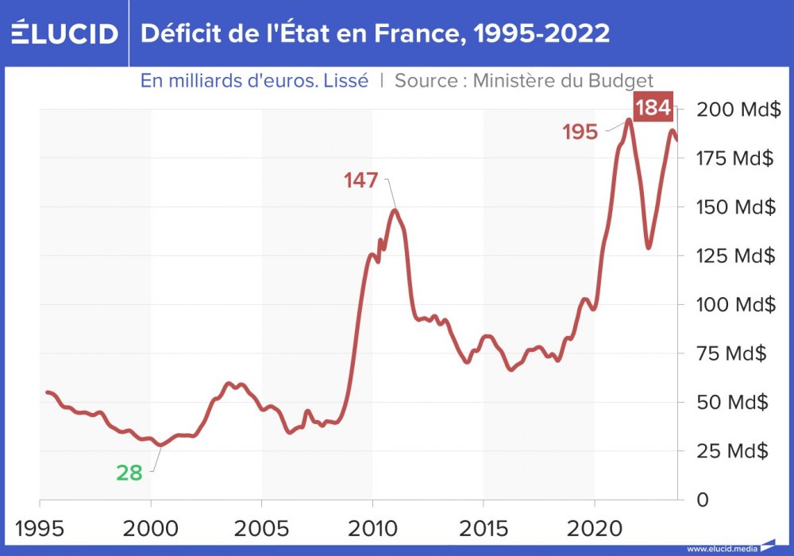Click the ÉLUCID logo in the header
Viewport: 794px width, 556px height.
(64, 33)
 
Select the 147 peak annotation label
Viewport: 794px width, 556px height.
(361, 180)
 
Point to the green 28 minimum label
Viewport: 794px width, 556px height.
(129, 473)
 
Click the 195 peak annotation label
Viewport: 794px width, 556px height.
(580, 132)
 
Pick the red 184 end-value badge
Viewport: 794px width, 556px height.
(653, 108)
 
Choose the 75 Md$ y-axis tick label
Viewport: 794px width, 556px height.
(731, 353)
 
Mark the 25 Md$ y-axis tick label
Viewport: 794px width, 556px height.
(731, 451)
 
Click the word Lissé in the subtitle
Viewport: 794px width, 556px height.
(347, 81)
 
